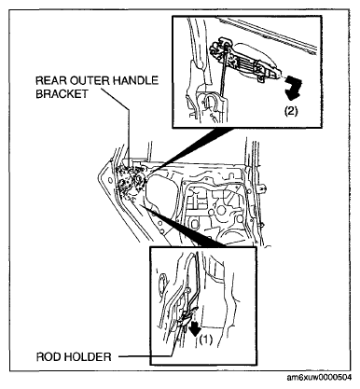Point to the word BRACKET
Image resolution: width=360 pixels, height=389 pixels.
(62, 93)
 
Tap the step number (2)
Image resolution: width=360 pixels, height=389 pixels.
(291, 111)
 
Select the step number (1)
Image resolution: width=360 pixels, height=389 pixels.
(206, 340)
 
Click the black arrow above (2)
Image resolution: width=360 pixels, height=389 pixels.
(292, 89)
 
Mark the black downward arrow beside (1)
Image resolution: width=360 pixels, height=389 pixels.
(195, 329)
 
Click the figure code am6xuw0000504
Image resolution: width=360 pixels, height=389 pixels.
(319, 378)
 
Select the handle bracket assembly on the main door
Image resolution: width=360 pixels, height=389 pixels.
(131, 180)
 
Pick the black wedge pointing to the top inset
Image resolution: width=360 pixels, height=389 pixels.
(193, 149)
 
